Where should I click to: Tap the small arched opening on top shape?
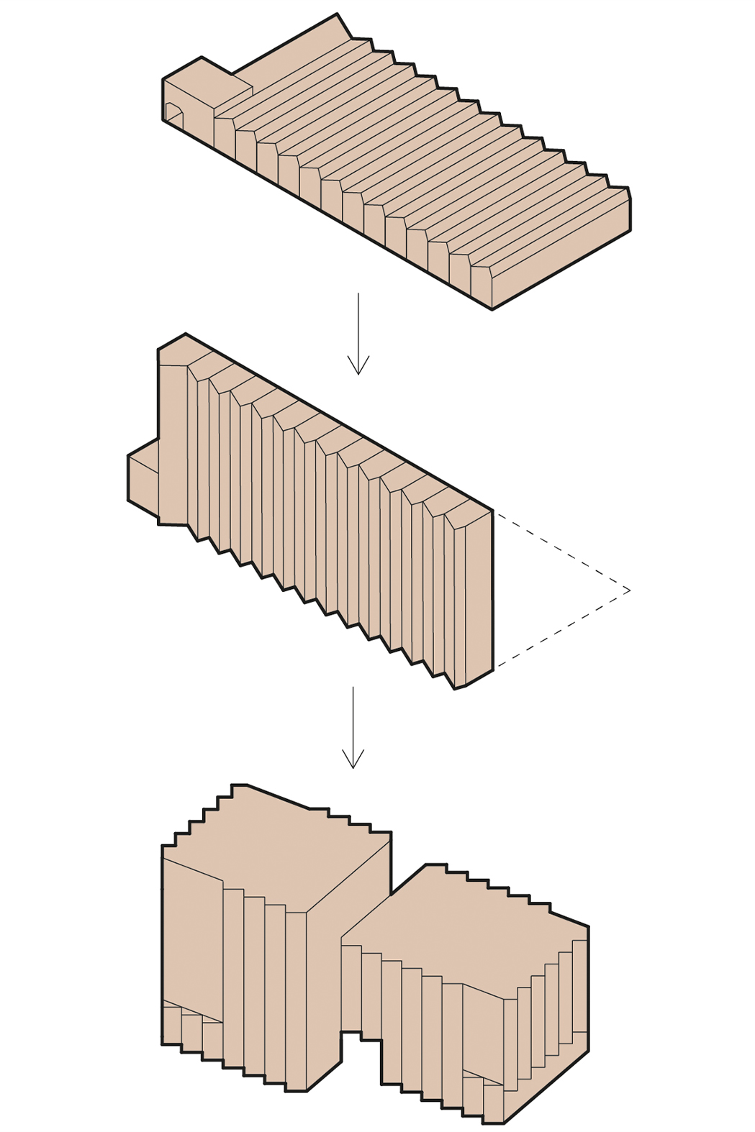point(173,112)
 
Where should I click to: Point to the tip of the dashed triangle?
point(629,590)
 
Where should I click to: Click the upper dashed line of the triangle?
point(561,551)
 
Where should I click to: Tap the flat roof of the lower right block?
point(468,928)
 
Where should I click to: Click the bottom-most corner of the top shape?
point(492,310)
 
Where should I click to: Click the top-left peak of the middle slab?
point(186,334)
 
